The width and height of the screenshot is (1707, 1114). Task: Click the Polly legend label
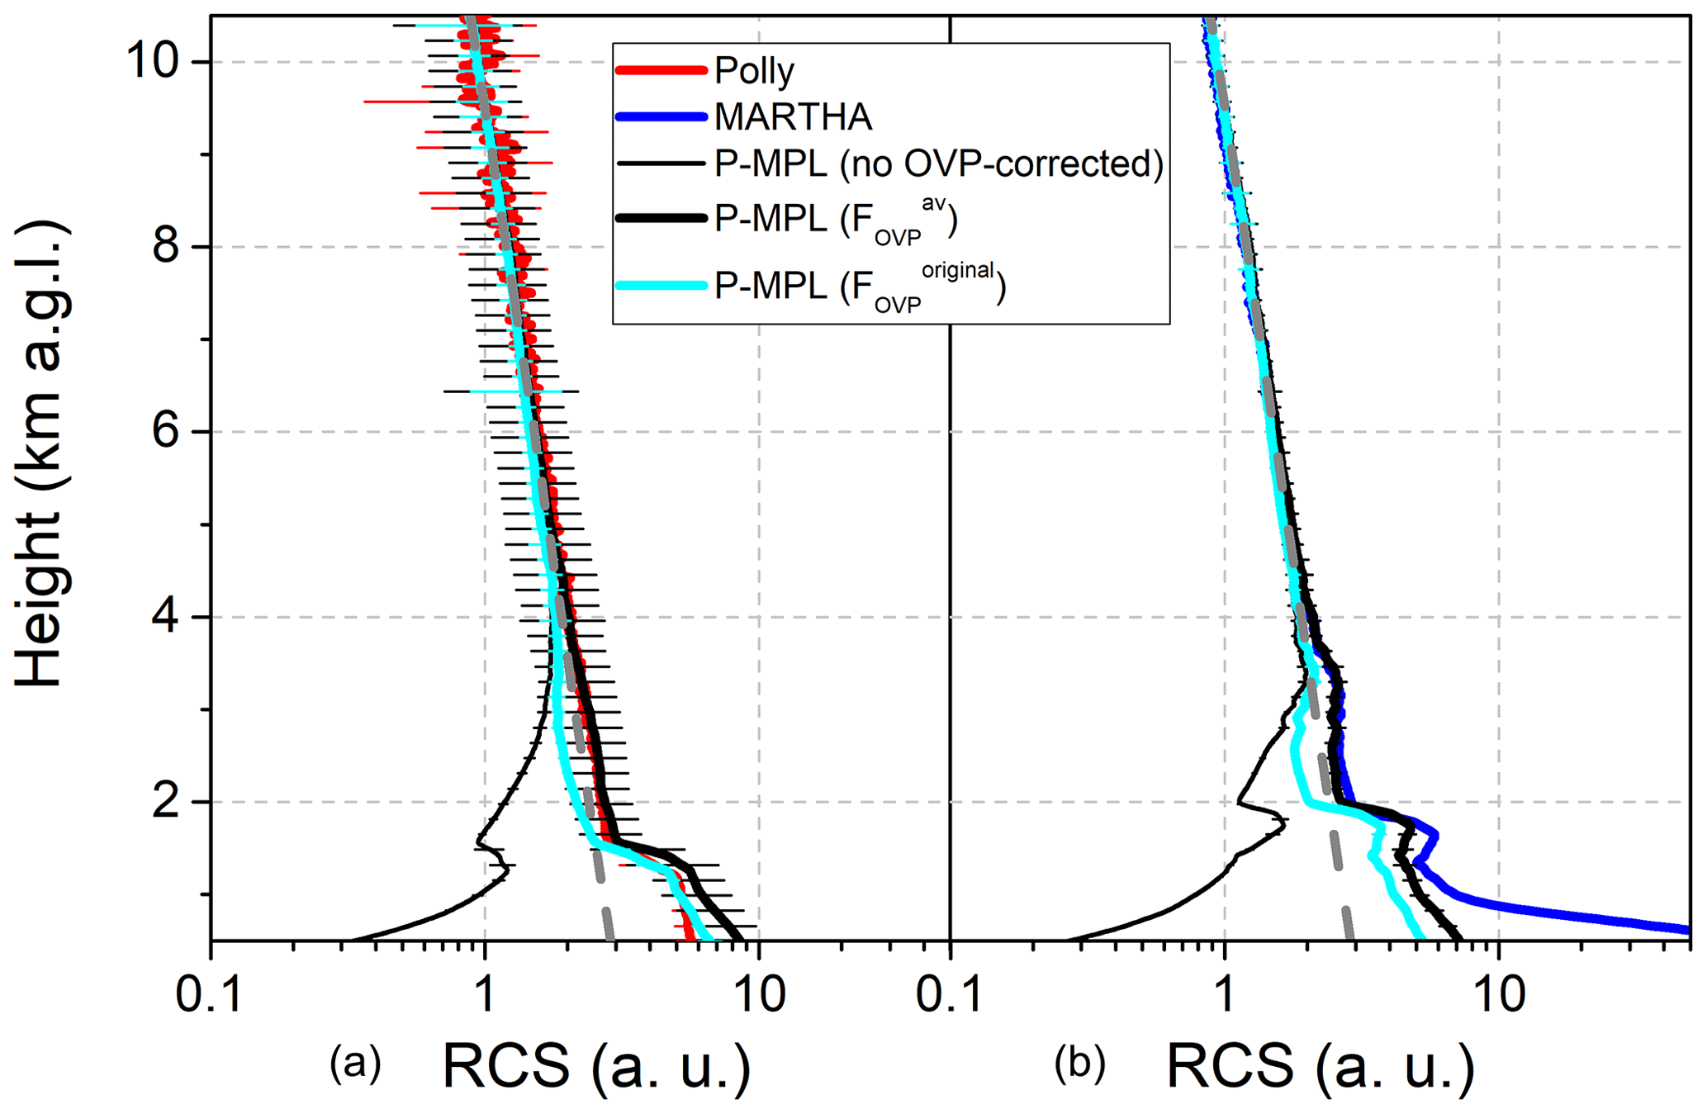click(754, 72)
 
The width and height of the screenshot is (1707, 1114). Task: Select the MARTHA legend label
click(793, 117)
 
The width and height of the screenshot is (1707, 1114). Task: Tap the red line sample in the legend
click(661, 71)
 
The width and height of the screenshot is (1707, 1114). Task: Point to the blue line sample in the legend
click(661, 117)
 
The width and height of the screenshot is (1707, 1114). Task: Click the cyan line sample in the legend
click(661, 286)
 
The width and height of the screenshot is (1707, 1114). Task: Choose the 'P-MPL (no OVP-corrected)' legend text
click(939, 164)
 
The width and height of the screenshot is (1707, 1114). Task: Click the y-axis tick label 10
click(154, 62)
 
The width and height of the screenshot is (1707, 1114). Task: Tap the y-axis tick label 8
click(168, 246)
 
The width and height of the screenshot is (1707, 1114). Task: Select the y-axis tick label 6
click(168, 431)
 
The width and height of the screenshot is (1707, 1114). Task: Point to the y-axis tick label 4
click(168, 616)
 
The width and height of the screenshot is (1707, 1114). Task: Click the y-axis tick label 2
click(168, 801)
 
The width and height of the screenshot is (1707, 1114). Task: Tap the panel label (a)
click(355, 1064)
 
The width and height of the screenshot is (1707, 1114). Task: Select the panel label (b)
click(1079, 1064)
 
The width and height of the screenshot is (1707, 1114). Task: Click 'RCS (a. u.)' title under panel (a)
click(596, 1065)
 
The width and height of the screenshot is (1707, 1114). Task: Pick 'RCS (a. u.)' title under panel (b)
click(1321, 1065)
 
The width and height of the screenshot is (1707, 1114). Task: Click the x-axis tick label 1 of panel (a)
click(485, 995)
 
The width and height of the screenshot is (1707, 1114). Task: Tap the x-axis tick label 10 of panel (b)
click(1499, 995)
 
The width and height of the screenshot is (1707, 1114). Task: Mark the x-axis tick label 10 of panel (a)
click(759, 995)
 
